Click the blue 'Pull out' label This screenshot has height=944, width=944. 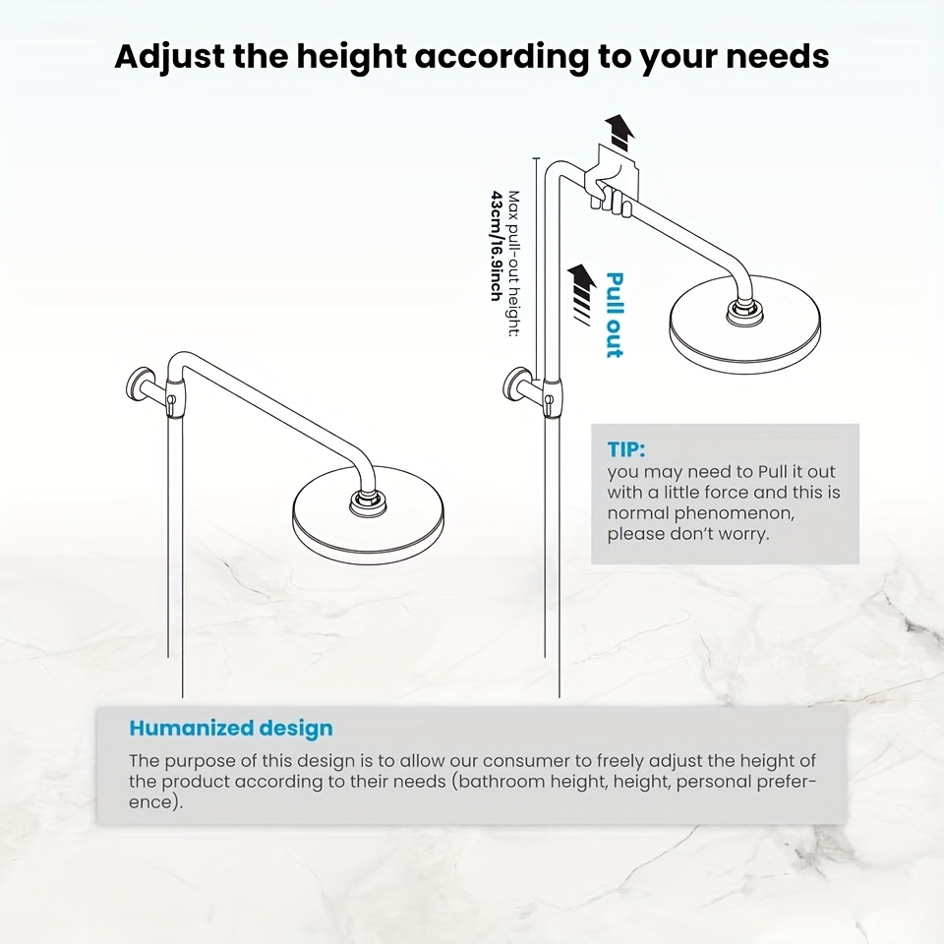(x=614, y=315)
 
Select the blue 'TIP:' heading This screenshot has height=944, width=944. (x=626, y=449)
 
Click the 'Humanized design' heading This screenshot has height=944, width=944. (x=231, y=729)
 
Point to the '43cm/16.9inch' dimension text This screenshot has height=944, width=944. (x=498, y=246)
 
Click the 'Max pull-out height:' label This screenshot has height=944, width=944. (x=513, y=264)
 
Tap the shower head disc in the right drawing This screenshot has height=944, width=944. (x=744, y=328)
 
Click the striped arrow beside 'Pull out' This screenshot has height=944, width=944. (x=581, y=293)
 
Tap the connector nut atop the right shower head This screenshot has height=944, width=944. (x=744, y=310)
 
